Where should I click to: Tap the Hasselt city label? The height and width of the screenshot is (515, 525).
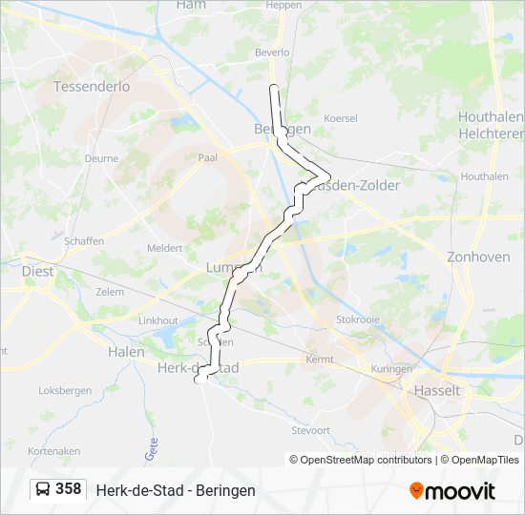pos(437,390)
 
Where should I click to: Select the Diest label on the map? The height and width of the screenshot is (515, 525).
pos(38,271)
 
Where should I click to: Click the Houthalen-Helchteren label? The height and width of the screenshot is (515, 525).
pos(490,125)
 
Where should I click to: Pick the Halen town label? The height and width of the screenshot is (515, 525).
pos(126,352)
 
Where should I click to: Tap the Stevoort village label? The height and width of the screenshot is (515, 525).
pos(310,430)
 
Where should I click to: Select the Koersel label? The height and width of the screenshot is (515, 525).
pos(341,118)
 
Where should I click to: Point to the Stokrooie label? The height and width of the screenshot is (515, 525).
pos(358,319)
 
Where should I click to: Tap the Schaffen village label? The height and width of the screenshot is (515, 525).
pos(84,241)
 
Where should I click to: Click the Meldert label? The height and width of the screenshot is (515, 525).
pos(164,247)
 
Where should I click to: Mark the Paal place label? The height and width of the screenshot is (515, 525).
pos(208,157)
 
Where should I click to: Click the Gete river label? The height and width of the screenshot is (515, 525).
pos(150,449)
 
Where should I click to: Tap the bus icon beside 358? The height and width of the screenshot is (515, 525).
pos(44,489)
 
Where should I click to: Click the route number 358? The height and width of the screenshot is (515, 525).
pos(69,489)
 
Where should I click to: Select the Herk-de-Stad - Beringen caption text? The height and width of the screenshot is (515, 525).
pos(176,490)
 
